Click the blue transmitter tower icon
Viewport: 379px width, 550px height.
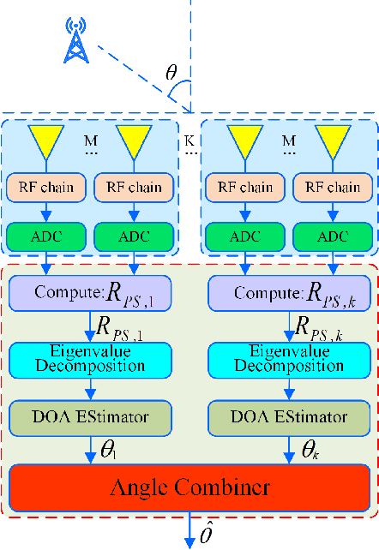76,42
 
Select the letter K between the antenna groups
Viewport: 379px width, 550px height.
189,137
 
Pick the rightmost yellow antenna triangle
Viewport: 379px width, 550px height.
333,142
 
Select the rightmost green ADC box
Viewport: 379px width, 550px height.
333,235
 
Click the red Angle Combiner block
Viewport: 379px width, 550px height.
189,488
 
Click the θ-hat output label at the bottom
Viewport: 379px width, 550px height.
206,534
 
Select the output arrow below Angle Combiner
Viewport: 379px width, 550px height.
189,531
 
